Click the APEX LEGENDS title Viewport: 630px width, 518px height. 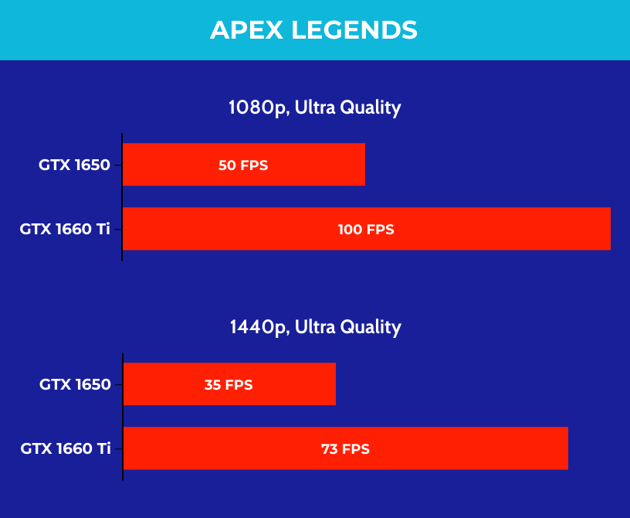tap(313, 30)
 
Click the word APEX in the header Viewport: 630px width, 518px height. tap(246, 30)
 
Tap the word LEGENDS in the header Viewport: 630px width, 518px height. tap(354, 30)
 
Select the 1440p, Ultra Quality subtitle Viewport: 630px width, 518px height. tap(316, 327)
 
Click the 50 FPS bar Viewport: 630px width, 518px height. tap(244, 164)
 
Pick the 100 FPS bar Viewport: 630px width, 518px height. tap(367, 229)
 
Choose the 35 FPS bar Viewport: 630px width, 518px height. tap(229, 384)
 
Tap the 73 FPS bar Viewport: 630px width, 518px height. tap(346, 448)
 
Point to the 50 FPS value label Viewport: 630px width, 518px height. tap(243, 165)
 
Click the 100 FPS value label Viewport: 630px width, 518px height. tap(366, 230)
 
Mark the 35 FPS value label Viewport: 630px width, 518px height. tap(229, 385)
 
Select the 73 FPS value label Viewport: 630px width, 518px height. tap(346, 448)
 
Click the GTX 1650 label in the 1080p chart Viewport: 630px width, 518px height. tap(74, 165)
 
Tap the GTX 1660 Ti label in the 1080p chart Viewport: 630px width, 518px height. tap(65, 229)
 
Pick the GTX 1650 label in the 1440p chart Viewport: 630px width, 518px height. tap(75, 384)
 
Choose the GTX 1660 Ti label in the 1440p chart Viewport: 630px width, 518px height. tap(66, 448)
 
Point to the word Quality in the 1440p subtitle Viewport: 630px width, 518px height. tap(371, 328)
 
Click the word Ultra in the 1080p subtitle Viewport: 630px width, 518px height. tap(315, 107)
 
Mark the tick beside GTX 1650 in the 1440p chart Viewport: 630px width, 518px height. tap(119, 385)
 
